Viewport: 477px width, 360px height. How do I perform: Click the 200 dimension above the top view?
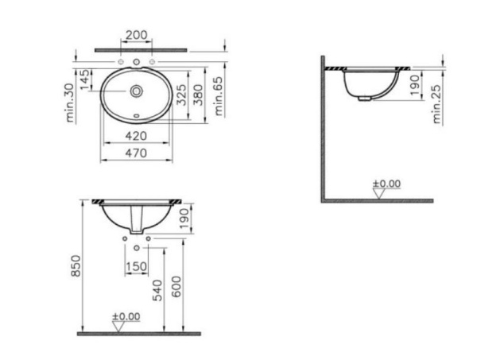point(136,36)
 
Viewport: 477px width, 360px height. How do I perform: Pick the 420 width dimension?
point(136,136)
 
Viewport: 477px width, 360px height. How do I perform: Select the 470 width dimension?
point(136,153)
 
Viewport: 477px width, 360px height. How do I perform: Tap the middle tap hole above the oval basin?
point(136,62)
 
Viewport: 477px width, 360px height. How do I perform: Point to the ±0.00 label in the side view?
point(387,184)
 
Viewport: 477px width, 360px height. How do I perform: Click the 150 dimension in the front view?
point(136,266)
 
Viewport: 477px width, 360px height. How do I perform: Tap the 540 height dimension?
point(158,291)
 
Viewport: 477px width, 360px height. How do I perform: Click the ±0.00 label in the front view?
point(126,315)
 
